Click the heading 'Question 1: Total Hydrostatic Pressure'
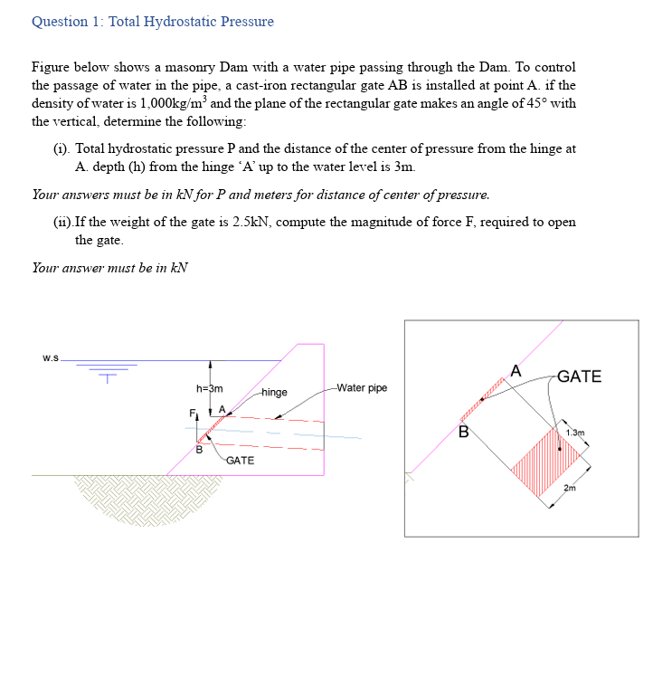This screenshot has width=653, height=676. (x=152, y=21)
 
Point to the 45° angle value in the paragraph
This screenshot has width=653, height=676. (x=538, y=103)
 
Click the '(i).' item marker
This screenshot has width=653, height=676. (x=62, y=148)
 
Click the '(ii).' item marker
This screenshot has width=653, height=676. (x=63, y=223)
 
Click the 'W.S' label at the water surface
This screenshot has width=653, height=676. (x=50, y=357)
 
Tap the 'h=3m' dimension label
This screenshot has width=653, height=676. (x=209, y=388)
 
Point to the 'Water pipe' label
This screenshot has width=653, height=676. (x=361, y=388)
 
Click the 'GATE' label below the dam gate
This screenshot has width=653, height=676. (x=240, y=461)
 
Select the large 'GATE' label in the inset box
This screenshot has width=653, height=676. (x=579, y=376)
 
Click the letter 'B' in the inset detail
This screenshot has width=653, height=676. (x=463, y=431)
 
